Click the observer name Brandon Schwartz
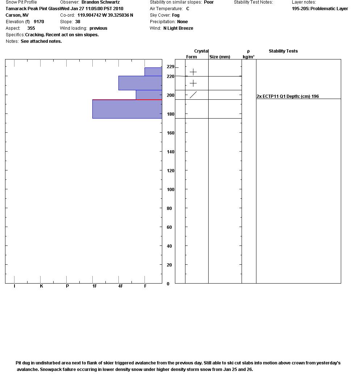click(100, 2)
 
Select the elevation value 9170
click(39, 22)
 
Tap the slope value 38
click(78, 22)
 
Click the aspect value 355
click(31, 28)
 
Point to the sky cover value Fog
click(176, 15)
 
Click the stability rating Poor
click(209, 2)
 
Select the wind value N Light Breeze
click(178, 28)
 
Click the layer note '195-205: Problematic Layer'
click(320, 9)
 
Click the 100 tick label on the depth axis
click(170, 190)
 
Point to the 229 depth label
click(170, 67)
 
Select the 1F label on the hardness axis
click(95, 286)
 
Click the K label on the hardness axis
click(41, 286)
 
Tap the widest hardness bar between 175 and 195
click(127, 109)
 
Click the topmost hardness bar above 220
click(153, 71)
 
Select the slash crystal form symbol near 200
click(193, 95)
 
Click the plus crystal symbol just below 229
click(193, 72)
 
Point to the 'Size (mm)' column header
click(219, 57)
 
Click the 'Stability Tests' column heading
click(283, 51)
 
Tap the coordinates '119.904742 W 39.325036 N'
click(105, 15)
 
